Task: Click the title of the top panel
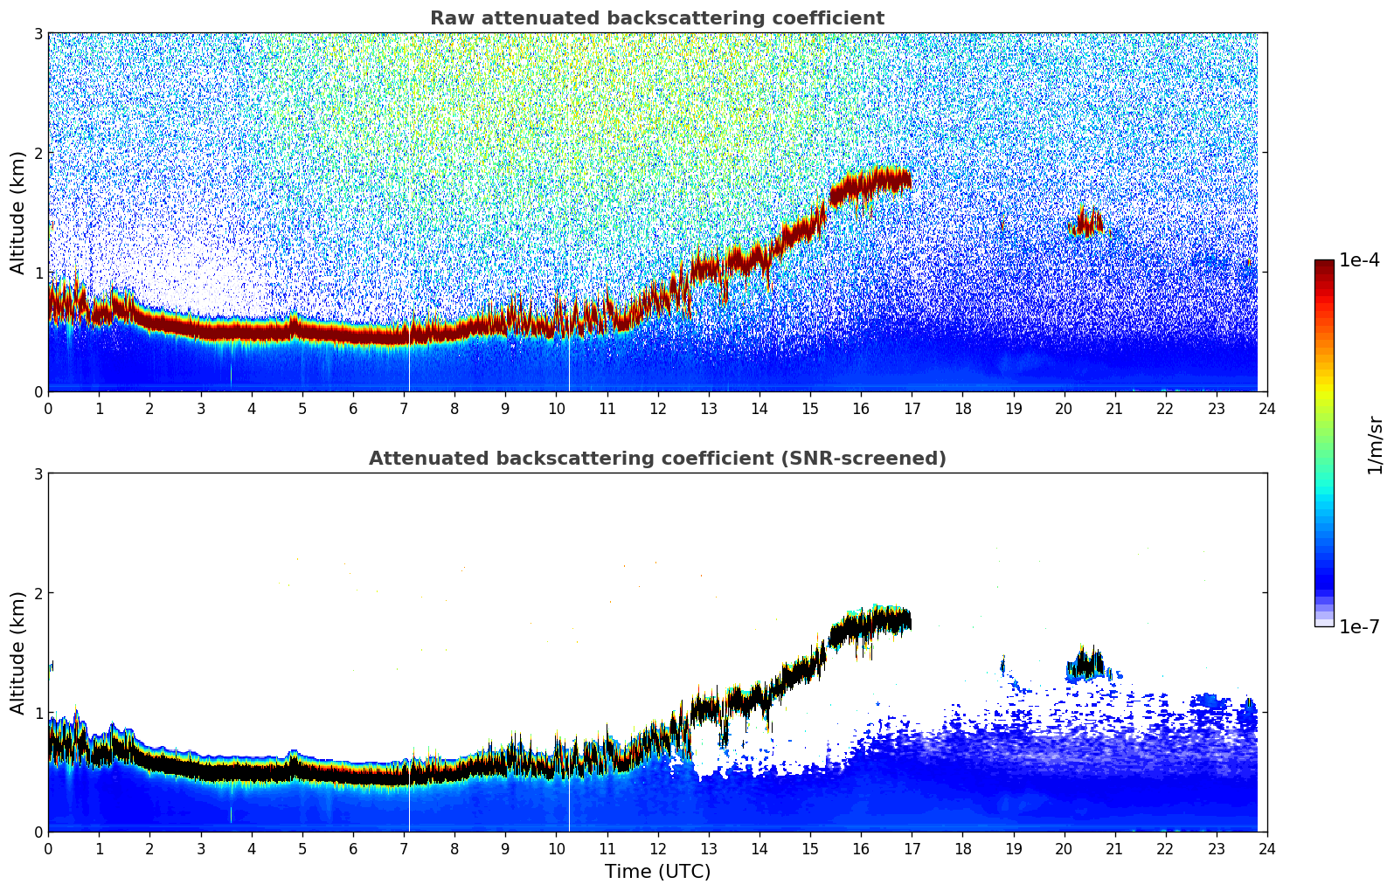click(656, 18)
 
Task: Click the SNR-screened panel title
click(656, 459)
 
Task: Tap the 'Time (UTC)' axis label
click(657, 872)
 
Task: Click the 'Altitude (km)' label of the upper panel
click(17, 212)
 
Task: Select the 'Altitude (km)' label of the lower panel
click(17, 653)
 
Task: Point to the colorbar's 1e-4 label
click(1359, 260)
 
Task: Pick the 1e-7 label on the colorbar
click(1359, 626)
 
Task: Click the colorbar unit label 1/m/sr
click(1375, 445)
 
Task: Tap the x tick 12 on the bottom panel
click(657, 849)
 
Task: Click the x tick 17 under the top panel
click(912, 409)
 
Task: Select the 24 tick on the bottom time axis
click(1267, 849)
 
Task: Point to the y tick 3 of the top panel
click(38, 33)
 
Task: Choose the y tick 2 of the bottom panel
click(38, 593)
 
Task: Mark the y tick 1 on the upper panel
click(38, 273)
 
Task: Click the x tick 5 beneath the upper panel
click(302, 409)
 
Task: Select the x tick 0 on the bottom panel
click(48, 849)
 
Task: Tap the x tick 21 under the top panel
click(1114, 409)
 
